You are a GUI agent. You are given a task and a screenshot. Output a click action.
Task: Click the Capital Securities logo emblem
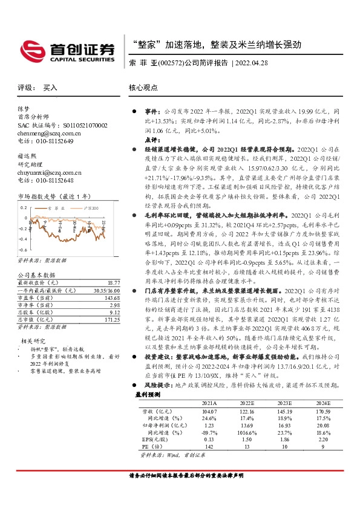coord(28,49)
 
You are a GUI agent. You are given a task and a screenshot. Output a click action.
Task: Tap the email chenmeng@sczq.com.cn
coord(45,133)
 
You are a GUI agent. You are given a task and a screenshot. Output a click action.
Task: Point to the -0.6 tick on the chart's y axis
coord(22,250)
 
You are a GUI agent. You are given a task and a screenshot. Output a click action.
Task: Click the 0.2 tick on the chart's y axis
coord(23,207)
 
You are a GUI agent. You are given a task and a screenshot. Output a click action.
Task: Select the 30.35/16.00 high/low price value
coord(106,290)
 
